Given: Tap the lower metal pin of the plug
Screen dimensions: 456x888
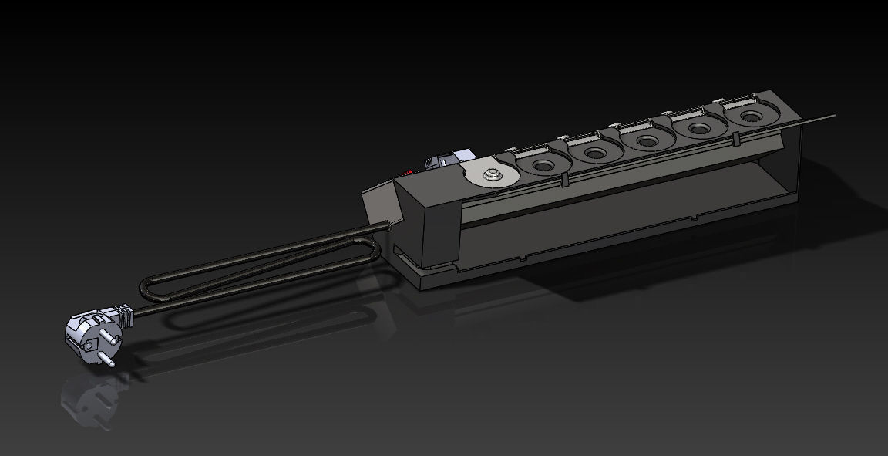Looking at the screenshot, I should pos(99,356).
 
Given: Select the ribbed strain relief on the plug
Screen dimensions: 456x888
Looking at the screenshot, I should pos(123,314).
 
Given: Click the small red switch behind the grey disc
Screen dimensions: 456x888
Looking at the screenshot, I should pos(428,163).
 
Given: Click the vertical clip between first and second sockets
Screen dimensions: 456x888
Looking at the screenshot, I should pos(566,179).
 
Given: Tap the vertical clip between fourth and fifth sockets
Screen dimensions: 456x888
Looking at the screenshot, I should pos(734,139).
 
